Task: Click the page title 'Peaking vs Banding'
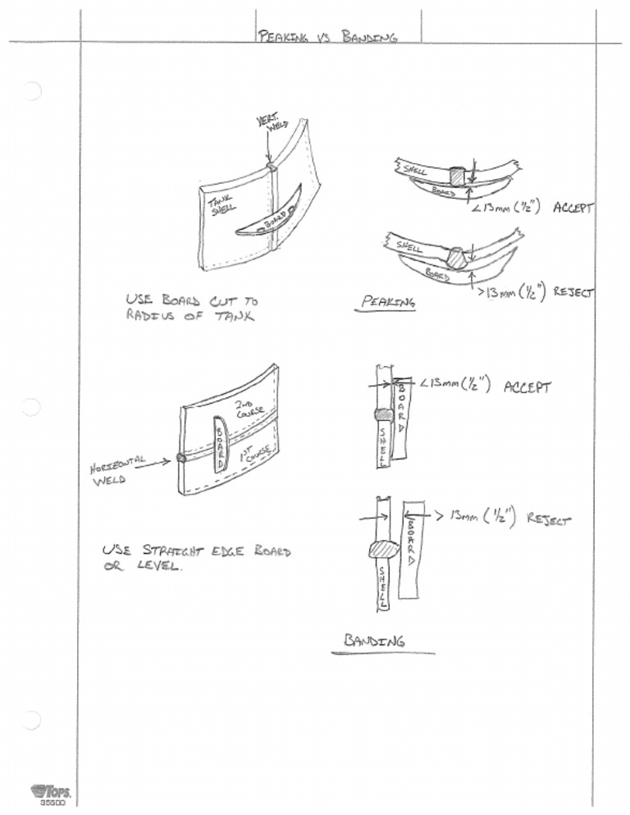click(x=327, y=36)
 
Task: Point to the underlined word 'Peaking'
click(x=389, y=302)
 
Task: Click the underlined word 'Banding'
click(x=374, y=641)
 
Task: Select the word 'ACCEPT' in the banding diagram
click(x=527, y=387)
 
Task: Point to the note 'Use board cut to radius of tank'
click(x=190, y=308)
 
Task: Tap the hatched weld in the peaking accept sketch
click(x=456, y=176)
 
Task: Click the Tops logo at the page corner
click(x=51, y=794)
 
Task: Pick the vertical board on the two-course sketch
click(x=220, y=443)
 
